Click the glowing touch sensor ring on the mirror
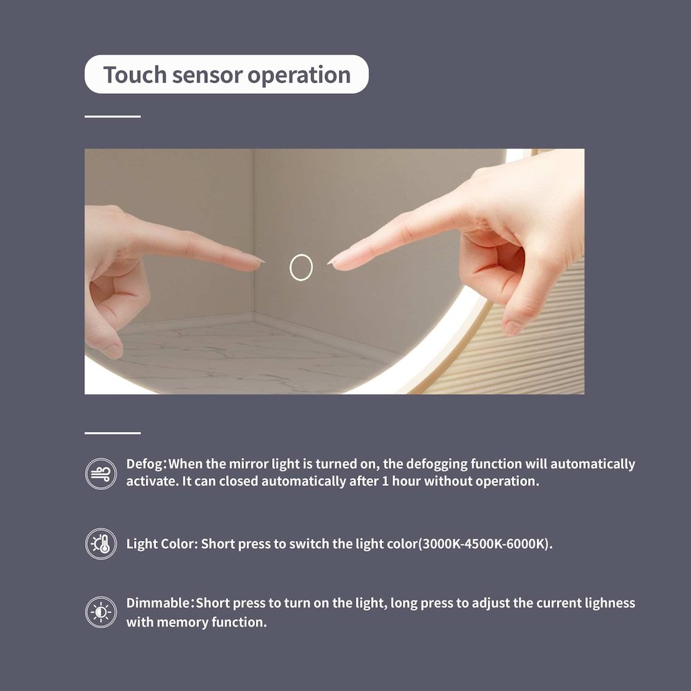point(301,256)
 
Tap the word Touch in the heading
point(135,75)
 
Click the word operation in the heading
point(299,75)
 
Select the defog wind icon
point(101,474)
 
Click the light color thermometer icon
point(101,544)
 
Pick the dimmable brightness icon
point(101,612)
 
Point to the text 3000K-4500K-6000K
point(484,544)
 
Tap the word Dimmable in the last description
point(158,603)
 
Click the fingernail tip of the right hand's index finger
point(330,263)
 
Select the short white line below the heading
point(113,116)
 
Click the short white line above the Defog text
point(113,433)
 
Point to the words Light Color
point(160,544)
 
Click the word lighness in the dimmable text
point(610,603)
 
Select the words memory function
point(211,623)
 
